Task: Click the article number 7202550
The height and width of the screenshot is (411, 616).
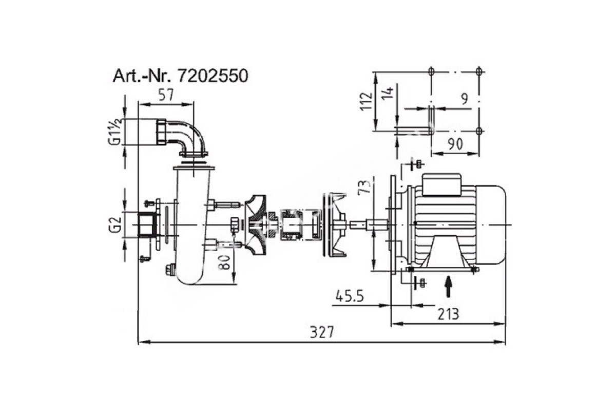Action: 213,76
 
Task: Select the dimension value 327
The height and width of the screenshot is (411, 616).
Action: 321,332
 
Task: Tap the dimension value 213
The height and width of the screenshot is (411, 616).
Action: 448,314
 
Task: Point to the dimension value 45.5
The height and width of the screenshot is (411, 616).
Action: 350,296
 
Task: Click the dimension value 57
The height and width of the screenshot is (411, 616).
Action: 166,95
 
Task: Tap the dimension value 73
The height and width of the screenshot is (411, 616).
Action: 364,188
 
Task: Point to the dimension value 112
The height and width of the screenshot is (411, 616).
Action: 366,101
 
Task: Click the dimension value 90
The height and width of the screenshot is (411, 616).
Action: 455,144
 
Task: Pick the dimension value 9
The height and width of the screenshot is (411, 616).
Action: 465,99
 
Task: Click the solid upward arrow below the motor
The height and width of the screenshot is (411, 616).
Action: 449,287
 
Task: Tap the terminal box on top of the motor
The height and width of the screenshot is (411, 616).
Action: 441,184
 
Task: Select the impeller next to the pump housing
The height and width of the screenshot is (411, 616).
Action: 255,225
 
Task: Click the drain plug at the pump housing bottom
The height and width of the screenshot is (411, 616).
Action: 169,270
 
